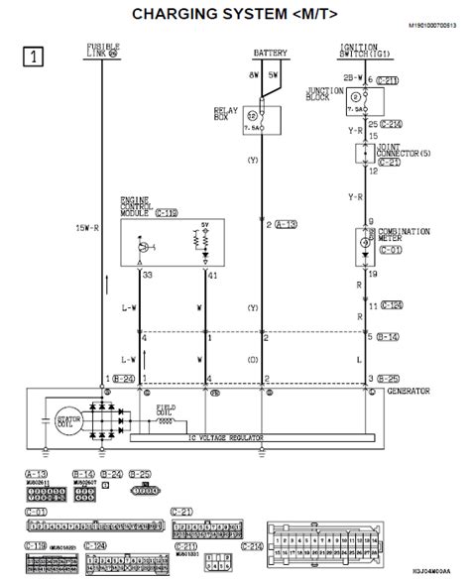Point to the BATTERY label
pos(270,52)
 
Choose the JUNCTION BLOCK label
pos(323,94)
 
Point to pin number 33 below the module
pos(148,275)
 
